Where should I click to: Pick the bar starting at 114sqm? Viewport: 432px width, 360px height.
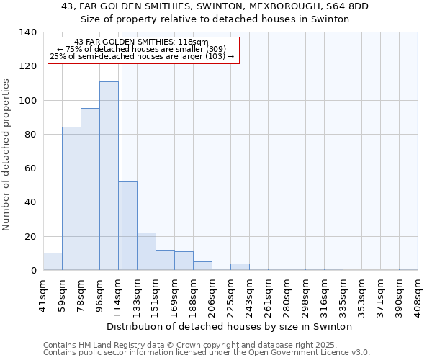click(128, 226)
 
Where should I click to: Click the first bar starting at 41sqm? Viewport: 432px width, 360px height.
click(53, 262)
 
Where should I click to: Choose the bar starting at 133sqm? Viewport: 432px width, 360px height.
click(146, 252)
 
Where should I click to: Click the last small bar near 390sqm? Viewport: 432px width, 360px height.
click(408, 269)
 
